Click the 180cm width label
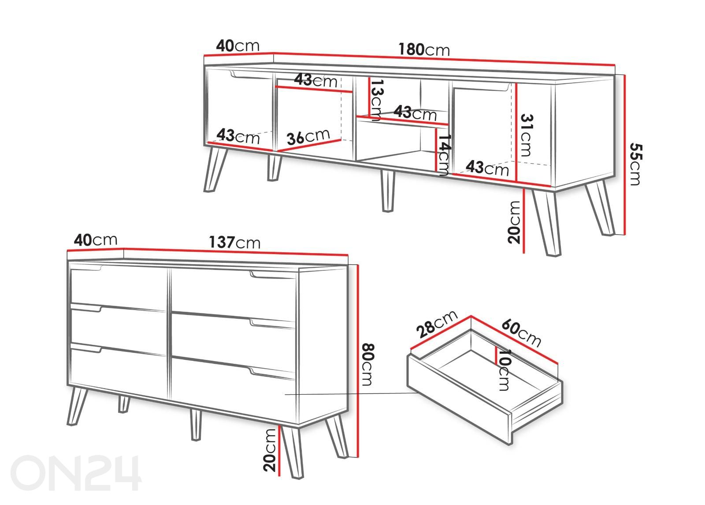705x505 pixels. pos(424,49)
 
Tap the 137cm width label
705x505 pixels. pos(235,242)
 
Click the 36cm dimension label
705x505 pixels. pos(308,137)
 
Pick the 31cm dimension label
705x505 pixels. pos(526,135)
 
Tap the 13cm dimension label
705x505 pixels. pos(376,100)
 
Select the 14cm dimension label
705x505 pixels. pos(445,155)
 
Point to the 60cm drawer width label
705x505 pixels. pos(521,333)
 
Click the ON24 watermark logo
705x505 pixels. pos(76,473)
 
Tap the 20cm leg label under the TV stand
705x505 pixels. pos(514,222)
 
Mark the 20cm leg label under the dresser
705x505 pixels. pos(269,450)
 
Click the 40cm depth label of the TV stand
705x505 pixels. pos(237,46)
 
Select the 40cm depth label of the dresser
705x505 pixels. pos(96,240)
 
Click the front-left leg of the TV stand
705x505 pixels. pos(215,169)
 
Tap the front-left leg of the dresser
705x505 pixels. pos(77,406)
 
